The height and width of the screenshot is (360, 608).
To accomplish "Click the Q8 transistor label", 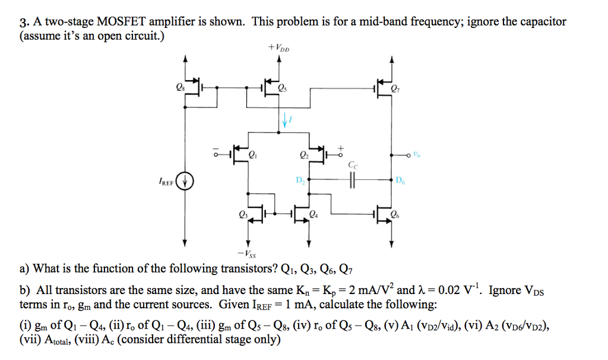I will pyautogui.click(x=179, y=89).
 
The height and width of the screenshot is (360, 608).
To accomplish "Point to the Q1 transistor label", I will pyautogui.click(x=254, y=157).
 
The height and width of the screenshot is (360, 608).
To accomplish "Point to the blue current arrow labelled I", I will pyautogui.click(x=285, y=121).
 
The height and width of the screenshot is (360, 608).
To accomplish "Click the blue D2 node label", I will pyautogui.click(x=300, y=179).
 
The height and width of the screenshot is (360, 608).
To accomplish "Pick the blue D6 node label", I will pyautogui.click(x=400, y=179).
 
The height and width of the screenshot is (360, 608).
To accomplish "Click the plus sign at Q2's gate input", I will pyautogui.click(x=342, y=146).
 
